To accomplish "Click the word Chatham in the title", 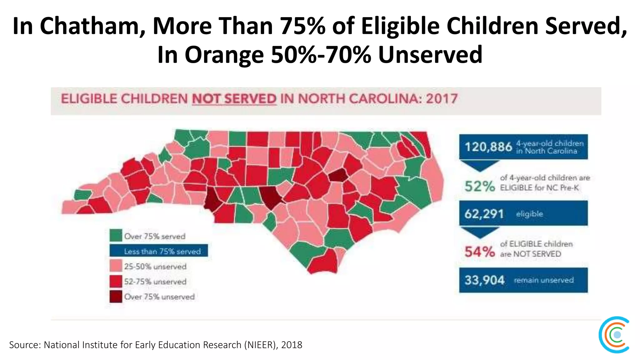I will (x=91, y=26).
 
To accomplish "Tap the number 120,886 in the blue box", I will (x=488, y=147).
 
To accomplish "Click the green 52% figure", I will (x=479, y=187).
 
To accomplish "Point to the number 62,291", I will (x=484, y=214).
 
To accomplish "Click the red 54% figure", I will (x=479, y=252).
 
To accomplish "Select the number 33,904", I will (x=484, y=280).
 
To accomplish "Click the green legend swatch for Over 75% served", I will (x=116, y=236).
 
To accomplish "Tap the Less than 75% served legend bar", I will (x=158, y=251).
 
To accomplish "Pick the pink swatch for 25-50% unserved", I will (x=116, y=266).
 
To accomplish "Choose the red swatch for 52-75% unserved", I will (x=116, y=281).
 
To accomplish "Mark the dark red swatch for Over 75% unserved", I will (x=116, y=297).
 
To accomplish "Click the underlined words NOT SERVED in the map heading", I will (x=234, y=99).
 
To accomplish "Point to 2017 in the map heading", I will (x=442, y=99).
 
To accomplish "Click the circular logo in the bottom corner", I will (x=614, y=335).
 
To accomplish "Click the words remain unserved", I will (x=544, y=280).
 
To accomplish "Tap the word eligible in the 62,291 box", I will (x=529, y=214).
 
